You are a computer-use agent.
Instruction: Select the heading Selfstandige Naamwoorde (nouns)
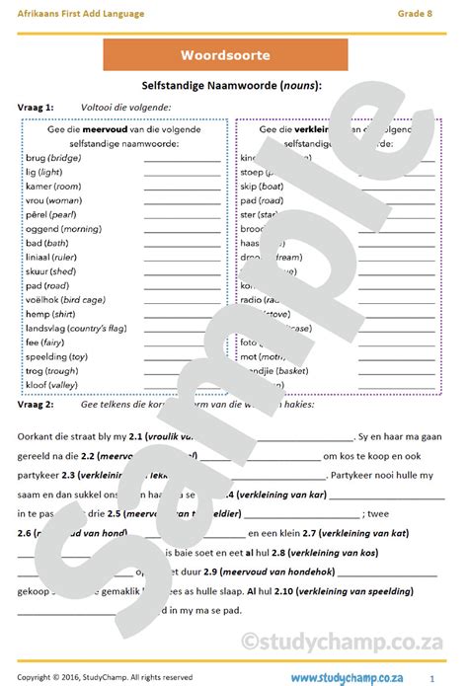233,87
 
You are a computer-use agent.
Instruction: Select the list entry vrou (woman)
53,200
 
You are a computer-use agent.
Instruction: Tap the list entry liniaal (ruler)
54,258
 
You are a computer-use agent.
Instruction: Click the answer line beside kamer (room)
183,187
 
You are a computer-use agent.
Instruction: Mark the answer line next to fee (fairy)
183,343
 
